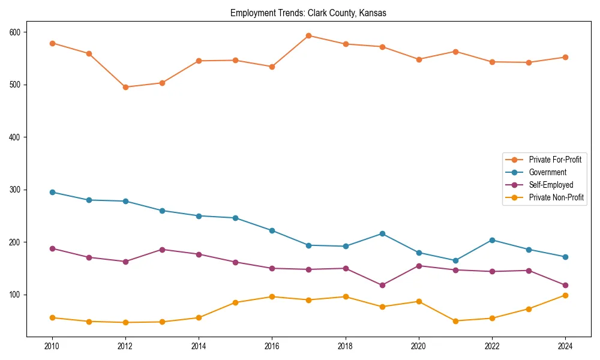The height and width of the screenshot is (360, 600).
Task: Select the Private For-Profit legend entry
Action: pos(554,160)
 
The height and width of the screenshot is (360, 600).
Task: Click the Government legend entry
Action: pos(547,172)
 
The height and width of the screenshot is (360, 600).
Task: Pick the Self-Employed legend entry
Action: pos(551,185)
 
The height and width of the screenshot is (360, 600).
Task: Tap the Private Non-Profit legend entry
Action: pos(556,197)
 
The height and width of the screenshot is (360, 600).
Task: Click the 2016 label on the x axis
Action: pos(272,347)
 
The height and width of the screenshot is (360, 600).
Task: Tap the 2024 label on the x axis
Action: pos(565,347)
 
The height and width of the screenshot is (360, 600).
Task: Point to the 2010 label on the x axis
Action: pos(52,347)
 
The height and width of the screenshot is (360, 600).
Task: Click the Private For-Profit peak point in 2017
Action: pos(308,35)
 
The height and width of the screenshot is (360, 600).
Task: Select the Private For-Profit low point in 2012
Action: pos(125,87)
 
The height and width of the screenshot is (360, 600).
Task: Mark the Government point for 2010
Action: pos(52,192)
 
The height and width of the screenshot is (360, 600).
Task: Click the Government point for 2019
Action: pos(382,233)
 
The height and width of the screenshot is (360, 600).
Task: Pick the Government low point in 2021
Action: pos(455,260)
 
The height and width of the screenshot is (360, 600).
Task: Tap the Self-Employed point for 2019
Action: pos(382,285)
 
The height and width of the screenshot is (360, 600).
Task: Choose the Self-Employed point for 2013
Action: pos(162,250)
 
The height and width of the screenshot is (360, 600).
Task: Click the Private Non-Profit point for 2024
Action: pos(565,295)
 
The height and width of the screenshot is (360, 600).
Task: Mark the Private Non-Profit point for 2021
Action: pos(455,321)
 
